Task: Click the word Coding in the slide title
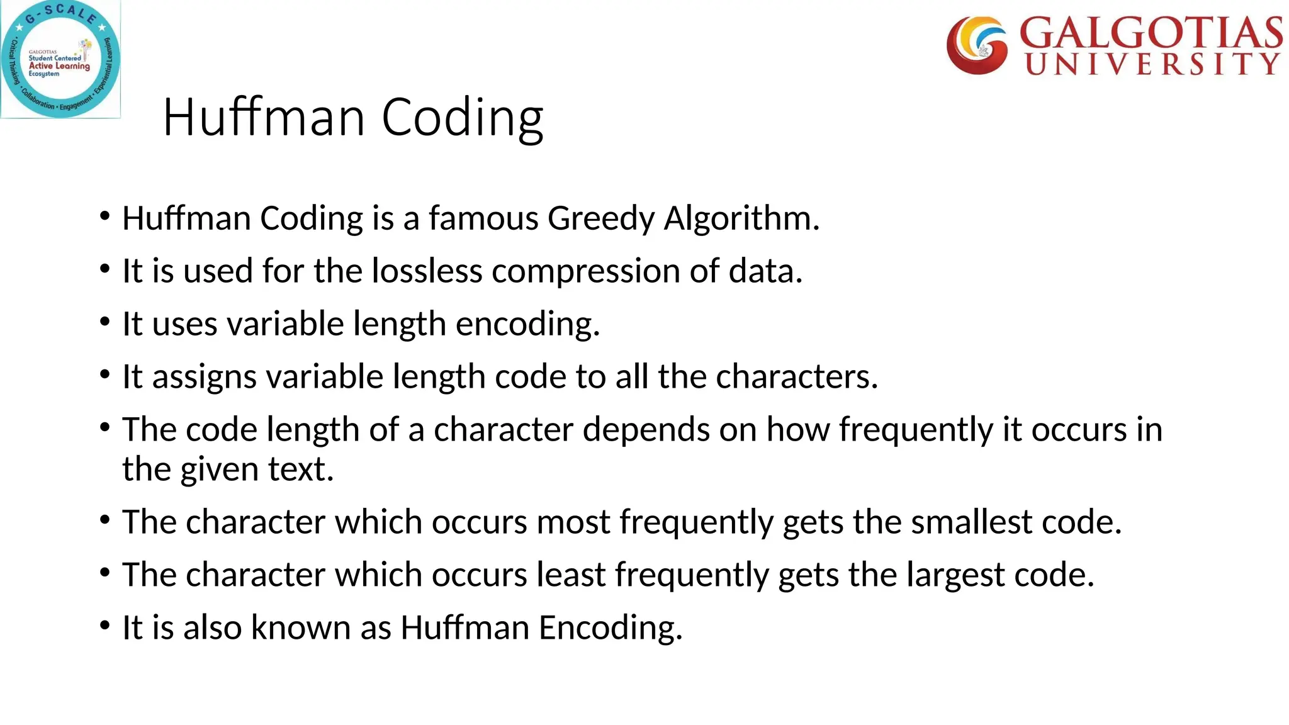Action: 463,118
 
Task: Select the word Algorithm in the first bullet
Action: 741,218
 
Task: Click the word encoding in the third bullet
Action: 527,324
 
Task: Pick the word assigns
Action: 205,377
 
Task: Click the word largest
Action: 955,575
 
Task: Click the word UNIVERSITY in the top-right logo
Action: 1152,64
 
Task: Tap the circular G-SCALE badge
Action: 60,59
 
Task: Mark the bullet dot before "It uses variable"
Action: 105,322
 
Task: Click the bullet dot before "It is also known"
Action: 105,626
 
